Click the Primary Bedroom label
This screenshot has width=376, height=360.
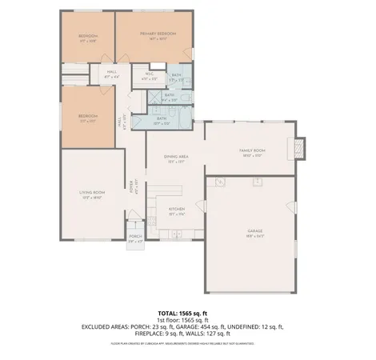coord(157,35)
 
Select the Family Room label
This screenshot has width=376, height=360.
coord(251,152)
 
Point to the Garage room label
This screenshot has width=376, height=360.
coord(254,233)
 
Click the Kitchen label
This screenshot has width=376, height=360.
coord(177,210)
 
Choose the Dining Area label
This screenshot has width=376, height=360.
coord(177,159)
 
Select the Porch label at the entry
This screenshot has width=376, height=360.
coord(135,238)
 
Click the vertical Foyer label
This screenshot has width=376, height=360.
coord(136,186)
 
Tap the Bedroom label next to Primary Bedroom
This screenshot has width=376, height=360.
coord(88,37)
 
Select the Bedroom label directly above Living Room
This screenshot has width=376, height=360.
coord(88,117)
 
